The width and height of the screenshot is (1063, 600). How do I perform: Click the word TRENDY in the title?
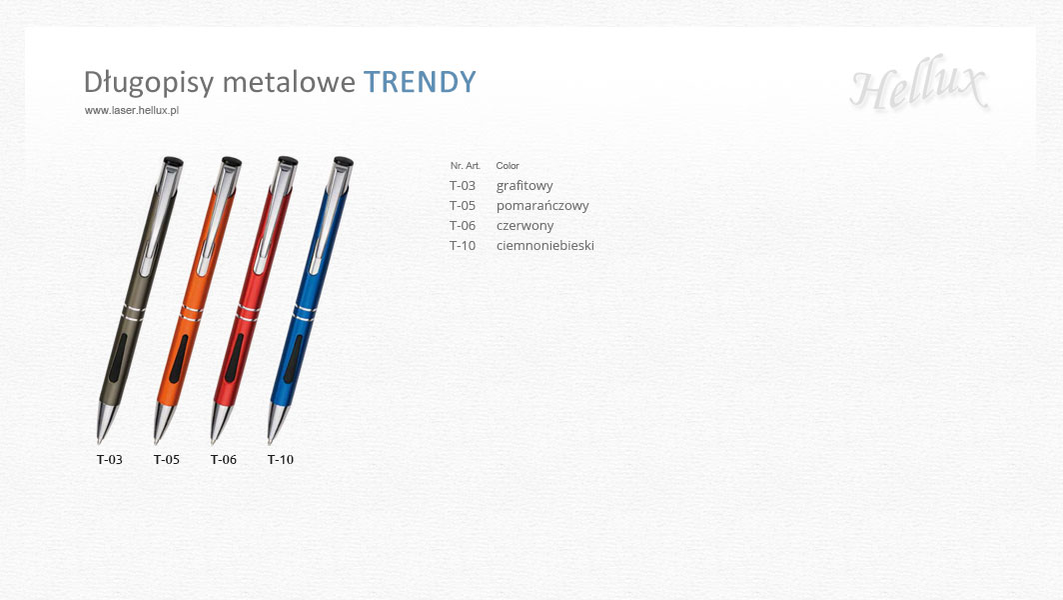pos(421,82)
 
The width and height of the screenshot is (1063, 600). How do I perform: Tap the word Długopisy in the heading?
pos(149,83)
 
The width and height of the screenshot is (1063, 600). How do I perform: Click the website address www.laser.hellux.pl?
pos(132,110)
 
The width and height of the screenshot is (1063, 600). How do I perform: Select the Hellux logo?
pos(918,84)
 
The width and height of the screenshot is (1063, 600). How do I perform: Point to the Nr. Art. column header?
pos(466,166)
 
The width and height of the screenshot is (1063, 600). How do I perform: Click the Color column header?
pos(508,166)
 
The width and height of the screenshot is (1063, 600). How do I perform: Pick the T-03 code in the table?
pos(463,185)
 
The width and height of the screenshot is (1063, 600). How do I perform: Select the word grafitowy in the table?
pos(525,185)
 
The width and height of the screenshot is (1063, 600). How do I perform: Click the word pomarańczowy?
pos(542,206)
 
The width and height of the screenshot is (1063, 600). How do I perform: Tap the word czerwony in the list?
pos(525,226)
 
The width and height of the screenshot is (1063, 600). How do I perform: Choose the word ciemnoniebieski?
pos(545,245)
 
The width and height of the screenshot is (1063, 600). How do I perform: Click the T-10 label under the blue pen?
pos(281,460)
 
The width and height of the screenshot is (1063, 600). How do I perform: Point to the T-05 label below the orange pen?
pos(167,460)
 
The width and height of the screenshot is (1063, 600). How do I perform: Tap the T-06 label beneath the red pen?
pos(224,460)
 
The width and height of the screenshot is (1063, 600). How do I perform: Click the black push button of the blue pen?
pos(344,162)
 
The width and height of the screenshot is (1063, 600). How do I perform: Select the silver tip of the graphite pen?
pos(106,423)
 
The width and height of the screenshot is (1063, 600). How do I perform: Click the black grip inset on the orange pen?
pos(179,358)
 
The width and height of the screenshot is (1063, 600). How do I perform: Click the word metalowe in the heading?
pos(289,82)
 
